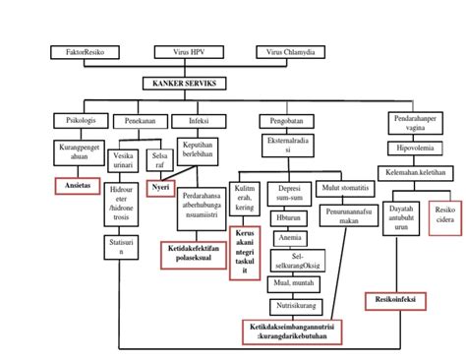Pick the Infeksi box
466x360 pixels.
(x=192, y=121)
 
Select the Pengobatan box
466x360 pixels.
(x=277, y=122)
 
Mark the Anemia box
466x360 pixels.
(x=289, y=236)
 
